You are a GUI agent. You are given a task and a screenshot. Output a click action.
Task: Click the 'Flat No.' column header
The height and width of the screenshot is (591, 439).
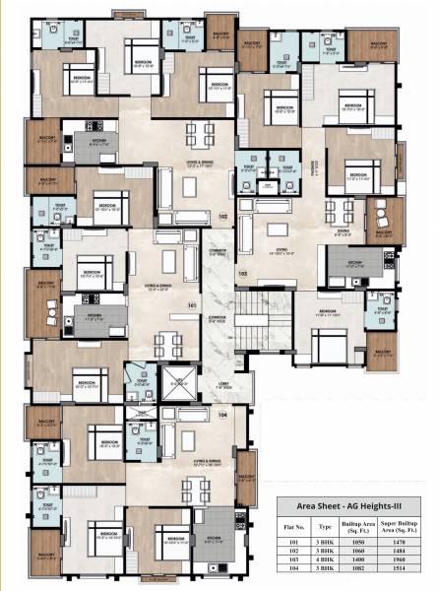point(290,527)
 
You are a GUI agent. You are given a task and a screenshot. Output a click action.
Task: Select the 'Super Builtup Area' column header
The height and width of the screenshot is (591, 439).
point(409,527)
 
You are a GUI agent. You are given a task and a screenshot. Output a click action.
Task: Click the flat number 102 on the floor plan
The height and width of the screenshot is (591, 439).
point(222,216)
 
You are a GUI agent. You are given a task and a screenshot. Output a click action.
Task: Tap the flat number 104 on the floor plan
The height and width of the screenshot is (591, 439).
point(223,415)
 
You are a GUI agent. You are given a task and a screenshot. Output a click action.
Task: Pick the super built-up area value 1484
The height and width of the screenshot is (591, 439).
point(409,552)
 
